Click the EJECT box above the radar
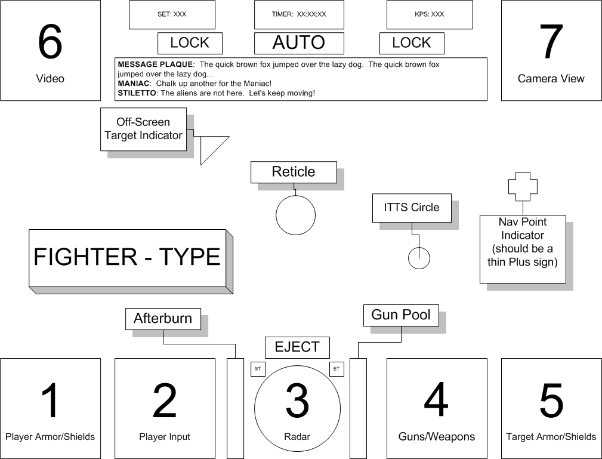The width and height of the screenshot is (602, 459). pos(297,347)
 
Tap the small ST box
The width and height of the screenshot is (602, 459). pos(258,369)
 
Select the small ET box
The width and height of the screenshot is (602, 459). pos(336,369)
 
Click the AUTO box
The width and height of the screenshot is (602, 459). pos(299,43)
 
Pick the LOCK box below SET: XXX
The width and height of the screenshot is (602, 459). pos(190,43)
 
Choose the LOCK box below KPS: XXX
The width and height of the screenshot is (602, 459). pos(412,43)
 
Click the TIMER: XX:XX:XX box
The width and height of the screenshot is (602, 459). pos(299,14)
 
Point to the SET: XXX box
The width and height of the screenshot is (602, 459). pos(172,14)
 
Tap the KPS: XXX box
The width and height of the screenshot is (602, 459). pos(430,14)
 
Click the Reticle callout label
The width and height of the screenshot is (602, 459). pos(294,172)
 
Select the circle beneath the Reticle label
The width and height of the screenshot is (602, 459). pos(295,215)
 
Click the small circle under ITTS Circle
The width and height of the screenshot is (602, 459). pos(419,258)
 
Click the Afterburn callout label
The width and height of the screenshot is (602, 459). pos(163,318)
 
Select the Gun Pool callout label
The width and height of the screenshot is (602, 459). pos(401,315)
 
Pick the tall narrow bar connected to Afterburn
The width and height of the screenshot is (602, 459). pos(235,408)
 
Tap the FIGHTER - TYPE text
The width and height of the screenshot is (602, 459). pos(127,257)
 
